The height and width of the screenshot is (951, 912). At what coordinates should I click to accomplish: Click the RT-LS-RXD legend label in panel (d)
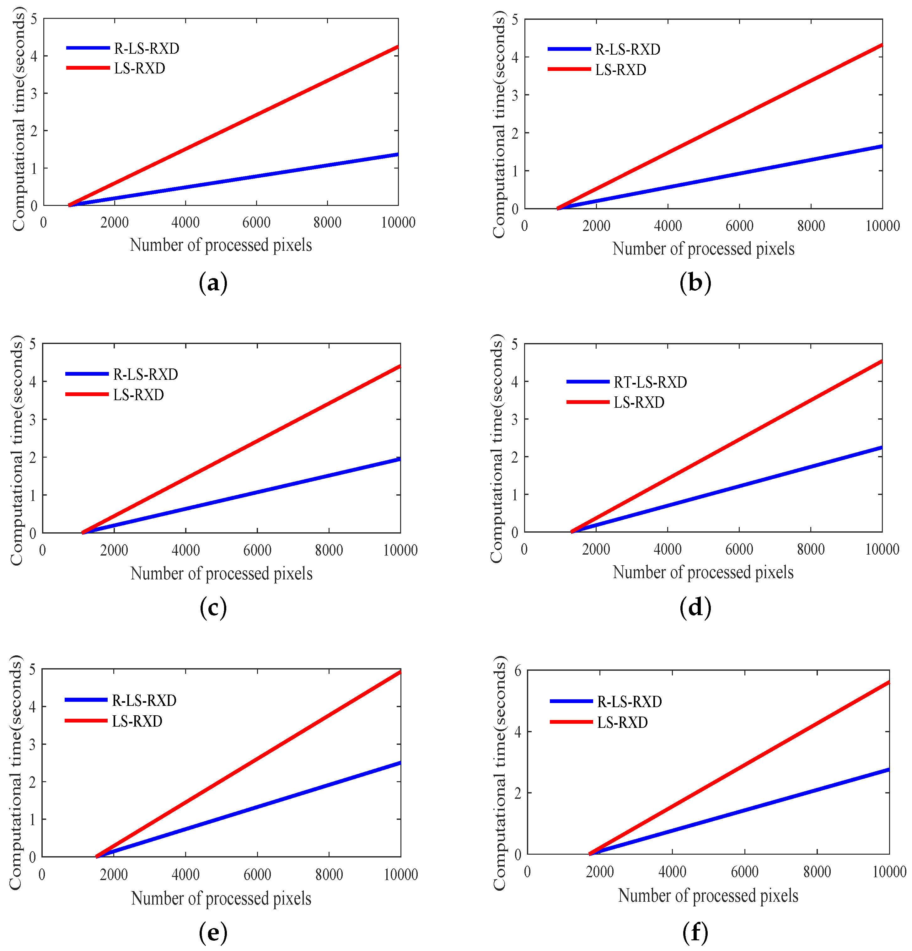(650, 382)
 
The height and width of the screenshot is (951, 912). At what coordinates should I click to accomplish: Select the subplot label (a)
(213, 283)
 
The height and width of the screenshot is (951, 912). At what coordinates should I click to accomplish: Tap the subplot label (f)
(695, 932)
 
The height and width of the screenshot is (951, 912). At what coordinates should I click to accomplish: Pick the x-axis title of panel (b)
(703, 249)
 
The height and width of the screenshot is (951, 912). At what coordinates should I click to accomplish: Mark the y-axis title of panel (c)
(17, 450)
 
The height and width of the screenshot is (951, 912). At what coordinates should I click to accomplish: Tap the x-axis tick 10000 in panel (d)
(882, 549)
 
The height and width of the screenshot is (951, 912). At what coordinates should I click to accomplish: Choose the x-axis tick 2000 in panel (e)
(114, 875)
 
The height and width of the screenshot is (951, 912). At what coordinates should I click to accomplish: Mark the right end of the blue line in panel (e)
(400, 763)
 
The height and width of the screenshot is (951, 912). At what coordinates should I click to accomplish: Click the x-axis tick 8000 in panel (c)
(329, 550)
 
